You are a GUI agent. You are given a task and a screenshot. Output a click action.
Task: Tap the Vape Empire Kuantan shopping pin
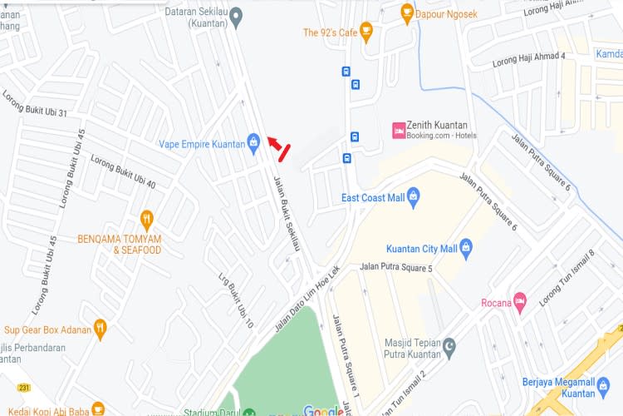coord(253,142)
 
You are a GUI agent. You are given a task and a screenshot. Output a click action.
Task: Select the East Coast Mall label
coord(373,198)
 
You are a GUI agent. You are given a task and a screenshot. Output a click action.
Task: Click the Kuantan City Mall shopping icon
coord(466,247)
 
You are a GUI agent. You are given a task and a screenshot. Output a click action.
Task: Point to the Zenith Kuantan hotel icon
coord(399,130)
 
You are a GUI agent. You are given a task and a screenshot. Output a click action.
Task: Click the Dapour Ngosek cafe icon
coord(406,12)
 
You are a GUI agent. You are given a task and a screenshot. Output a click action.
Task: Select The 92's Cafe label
coord(329,32)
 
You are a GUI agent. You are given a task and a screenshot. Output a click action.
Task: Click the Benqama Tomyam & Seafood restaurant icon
coord(147,220)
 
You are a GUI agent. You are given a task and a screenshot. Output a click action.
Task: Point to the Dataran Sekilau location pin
coord(236,16)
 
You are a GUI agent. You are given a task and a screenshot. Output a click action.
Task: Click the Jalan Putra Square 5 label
coord(396,268)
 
